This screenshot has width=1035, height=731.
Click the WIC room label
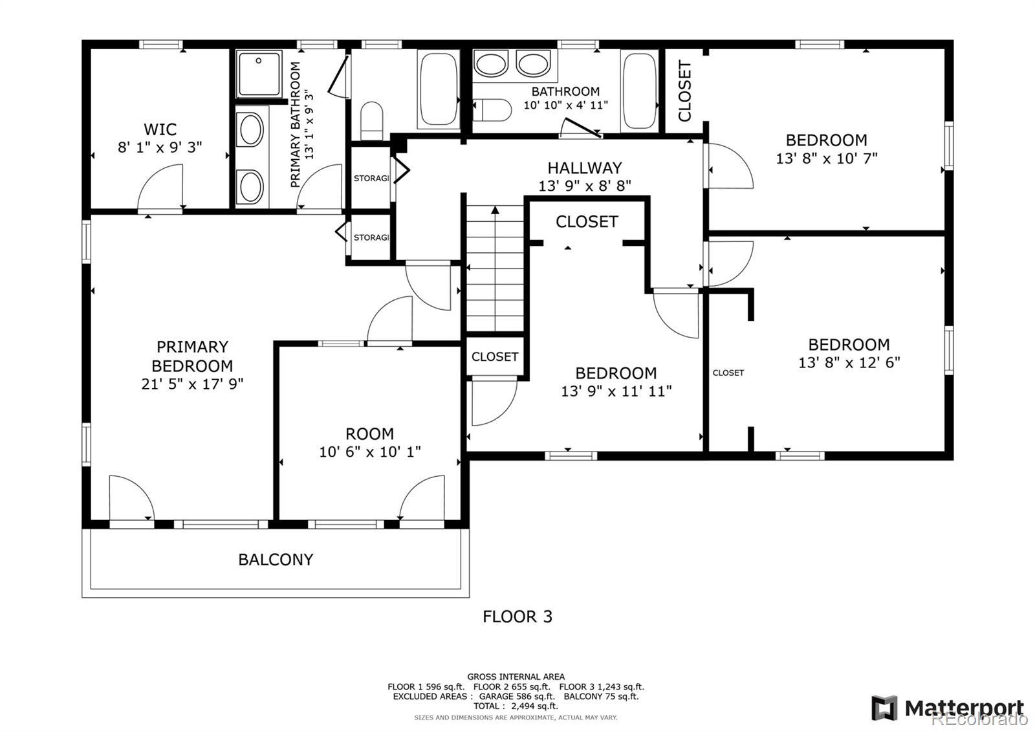point(160,129)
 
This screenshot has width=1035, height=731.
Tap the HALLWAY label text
point(585,168)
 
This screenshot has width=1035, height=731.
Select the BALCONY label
point(276,560)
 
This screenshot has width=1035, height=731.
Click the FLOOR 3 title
point(517,616)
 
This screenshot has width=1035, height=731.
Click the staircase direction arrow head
point(496,210)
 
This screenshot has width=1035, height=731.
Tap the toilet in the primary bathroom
point(371,120)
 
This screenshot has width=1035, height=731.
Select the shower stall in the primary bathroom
point(259,74)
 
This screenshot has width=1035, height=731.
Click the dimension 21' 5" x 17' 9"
point(192,384)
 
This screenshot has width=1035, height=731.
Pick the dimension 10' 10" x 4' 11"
point(565,105)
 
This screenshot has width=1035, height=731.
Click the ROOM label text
point(369,434)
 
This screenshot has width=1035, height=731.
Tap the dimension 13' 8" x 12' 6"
point(849,362)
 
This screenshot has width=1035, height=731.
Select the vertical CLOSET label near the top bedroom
point(684,91)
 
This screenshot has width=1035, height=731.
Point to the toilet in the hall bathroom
point(492,110)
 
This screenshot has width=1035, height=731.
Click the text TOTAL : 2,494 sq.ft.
point(516,706)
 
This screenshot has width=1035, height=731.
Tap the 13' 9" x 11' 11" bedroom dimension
point(616,391)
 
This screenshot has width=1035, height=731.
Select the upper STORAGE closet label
point(371,178)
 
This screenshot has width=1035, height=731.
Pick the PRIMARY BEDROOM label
point(192,356)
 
